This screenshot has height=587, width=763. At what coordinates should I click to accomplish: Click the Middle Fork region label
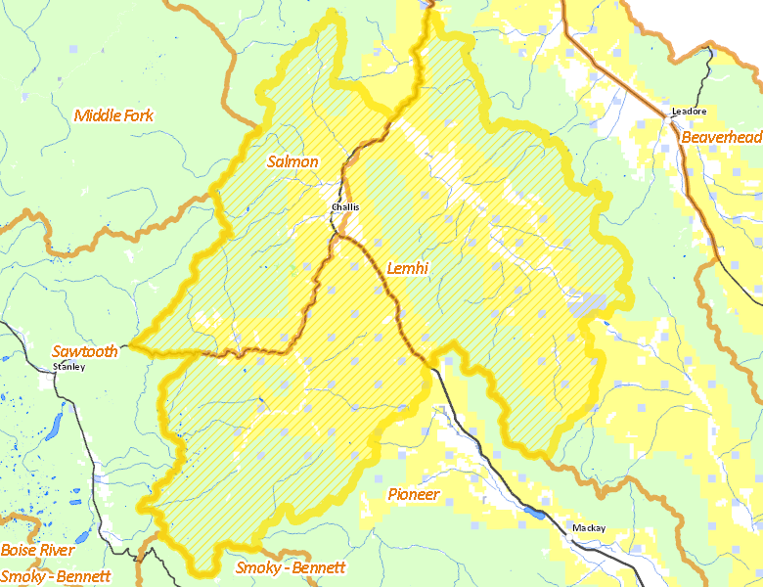coord(113,115)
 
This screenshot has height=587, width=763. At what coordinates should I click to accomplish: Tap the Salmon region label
coord(292,161)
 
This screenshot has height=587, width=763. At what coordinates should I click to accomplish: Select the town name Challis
coord(345,207)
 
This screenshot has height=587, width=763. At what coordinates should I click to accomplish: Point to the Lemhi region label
coord(408,268)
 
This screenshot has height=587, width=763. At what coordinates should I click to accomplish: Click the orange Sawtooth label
coord(85,351)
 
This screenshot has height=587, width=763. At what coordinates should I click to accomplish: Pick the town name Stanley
coord(68,367)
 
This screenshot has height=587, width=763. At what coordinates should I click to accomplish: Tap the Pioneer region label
coord(414,494)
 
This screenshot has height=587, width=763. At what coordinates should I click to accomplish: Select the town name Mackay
coord(589,528)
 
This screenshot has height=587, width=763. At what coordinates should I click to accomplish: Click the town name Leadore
coord(689,112)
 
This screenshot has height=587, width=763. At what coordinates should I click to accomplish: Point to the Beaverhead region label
coord(721,138)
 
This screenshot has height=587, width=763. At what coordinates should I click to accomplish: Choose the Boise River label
coord(38,551)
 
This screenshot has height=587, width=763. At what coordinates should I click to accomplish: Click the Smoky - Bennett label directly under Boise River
coord(56,575)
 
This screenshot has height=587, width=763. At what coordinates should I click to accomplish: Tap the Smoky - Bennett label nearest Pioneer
coord(291,567)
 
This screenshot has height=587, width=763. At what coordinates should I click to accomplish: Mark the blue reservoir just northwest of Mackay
coord(534,512)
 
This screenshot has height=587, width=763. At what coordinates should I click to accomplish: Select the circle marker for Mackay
coord(573,536)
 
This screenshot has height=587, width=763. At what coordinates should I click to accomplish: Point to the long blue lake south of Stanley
coord(55,426)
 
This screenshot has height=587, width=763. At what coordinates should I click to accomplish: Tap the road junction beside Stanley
coord(57,376)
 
